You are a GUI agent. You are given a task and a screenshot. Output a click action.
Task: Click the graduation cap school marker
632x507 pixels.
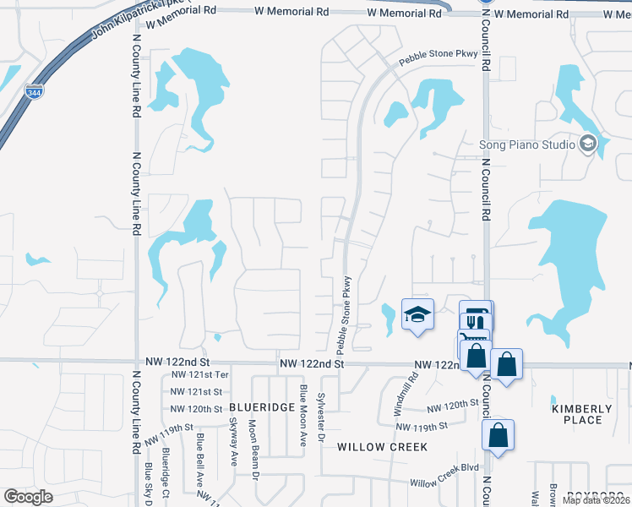click(417, 315)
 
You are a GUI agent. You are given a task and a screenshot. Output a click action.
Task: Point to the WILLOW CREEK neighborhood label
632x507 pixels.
click(382, 446)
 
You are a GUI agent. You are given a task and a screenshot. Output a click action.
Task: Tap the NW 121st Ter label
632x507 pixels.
click(199, 374)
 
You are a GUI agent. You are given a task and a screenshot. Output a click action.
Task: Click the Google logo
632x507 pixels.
click(28, 496)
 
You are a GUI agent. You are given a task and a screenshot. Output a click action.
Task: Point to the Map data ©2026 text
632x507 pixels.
click(596, 500)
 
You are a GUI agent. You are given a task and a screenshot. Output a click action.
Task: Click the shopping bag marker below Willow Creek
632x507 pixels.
click(498, 437)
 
